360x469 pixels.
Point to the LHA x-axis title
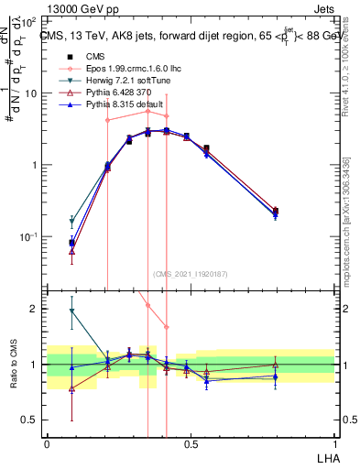pos(325,455)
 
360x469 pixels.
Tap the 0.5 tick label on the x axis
pos(191,442)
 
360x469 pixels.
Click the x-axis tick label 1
pos(334,442)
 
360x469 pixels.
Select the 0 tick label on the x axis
pos(48,442)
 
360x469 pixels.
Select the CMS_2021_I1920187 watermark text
pos(190,274)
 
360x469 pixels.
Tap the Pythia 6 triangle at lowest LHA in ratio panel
pos(71,388)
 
